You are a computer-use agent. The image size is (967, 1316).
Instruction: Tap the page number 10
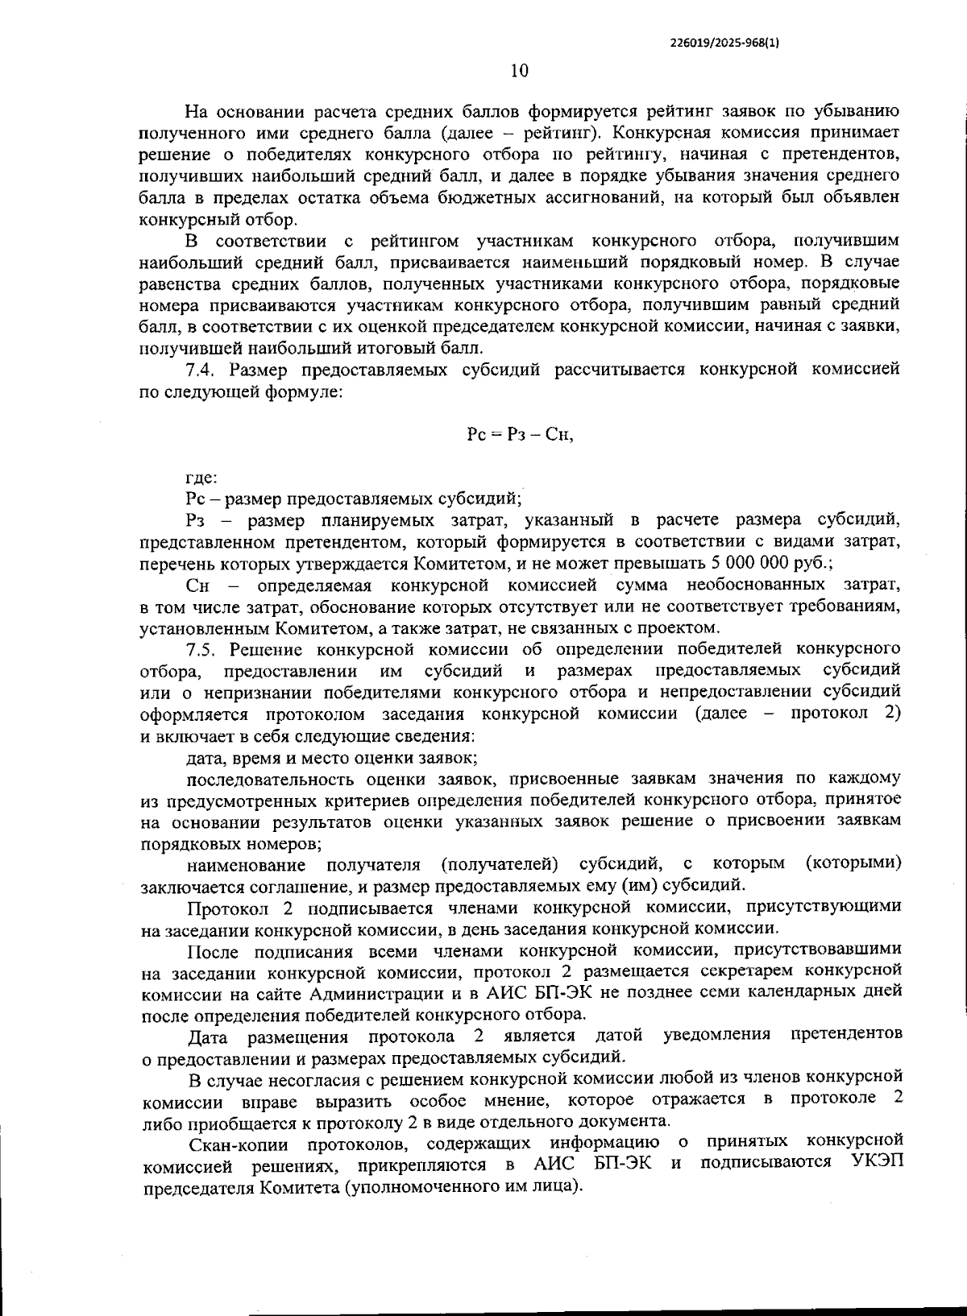(519, 71)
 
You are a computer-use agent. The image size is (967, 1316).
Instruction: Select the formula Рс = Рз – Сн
(520, 435)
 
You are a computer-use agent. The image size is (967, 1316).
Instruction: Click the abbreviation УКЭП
(875, 1164)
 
